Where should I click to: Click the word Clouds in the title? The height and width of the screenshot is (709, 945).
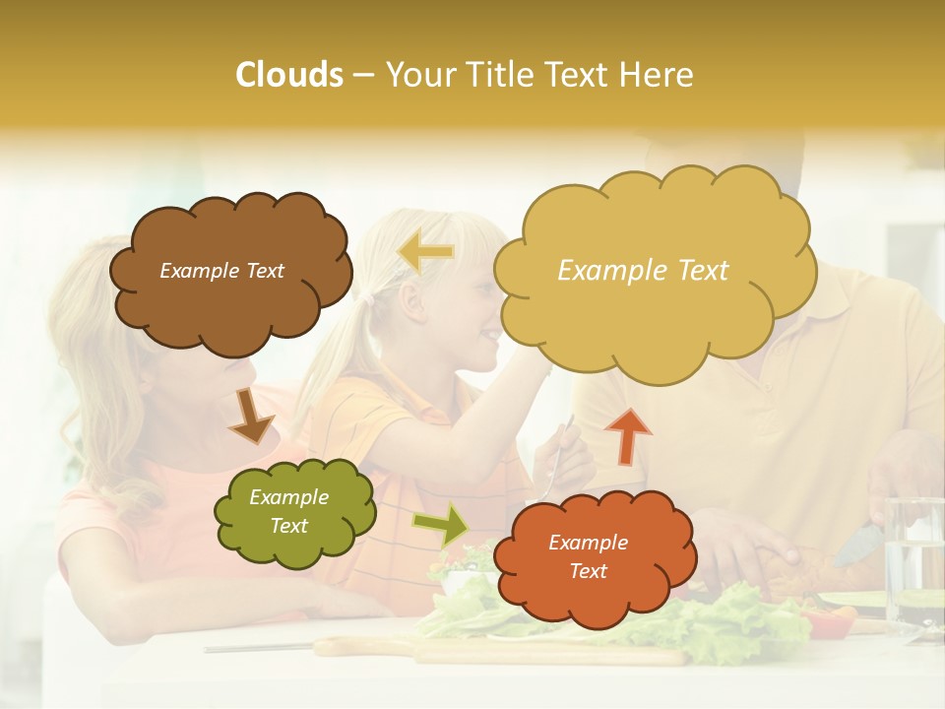click(x=289, y=76)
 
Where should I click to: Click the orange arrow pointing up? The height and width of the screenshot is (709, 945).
click(x=628, y=435)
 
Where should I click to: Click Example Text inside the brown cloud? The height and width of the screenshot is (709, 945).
click(x=221, y=271)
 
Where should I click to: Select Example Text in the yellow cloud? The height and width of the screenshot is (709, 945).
click(x=643, y=271)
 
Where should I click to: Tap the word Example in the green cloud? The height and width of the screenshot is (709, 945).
click(x=288, y=497)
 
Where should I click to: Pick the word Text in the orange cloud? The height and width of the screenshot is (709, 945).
click(x=588, y=571)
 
